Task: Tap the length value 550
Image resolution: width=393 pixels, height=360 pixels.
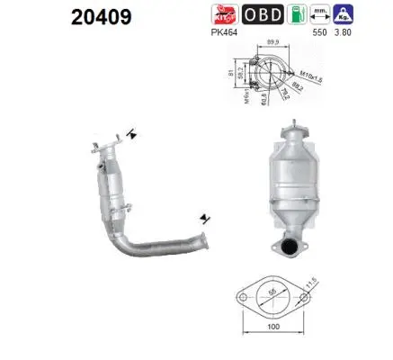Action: (343, 32)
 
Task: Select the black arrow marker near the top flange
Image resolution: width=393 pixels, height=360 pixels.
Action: (133, 135)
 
